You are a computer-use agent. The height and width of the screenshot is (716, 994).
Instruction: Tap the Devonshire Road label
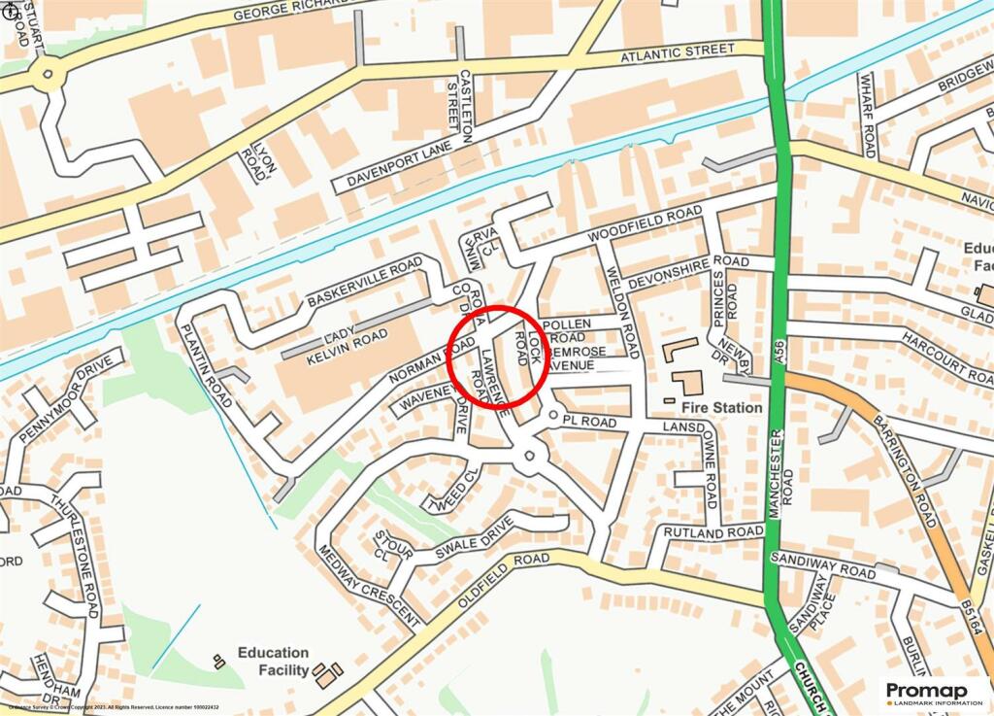click(x=688, y=271)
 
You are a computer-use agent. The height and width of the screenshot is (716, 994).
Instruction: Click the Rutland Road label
click(x=713, y=532)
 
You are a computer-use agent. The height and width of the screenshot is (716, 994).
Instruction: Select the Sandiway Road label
click(x=822, y=565)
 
